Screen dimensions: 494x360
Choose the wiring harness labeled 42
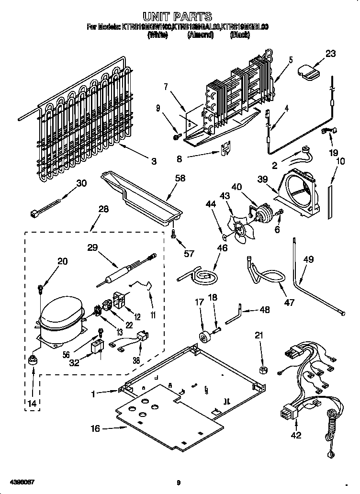(x=306, y=383)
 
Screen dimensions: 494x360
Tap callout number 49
(x=309, y=259)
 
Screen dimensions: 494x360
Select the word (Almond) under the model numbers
(x=200, y=34)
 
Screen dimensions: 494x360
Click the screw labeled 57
(x=174, y=234)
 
